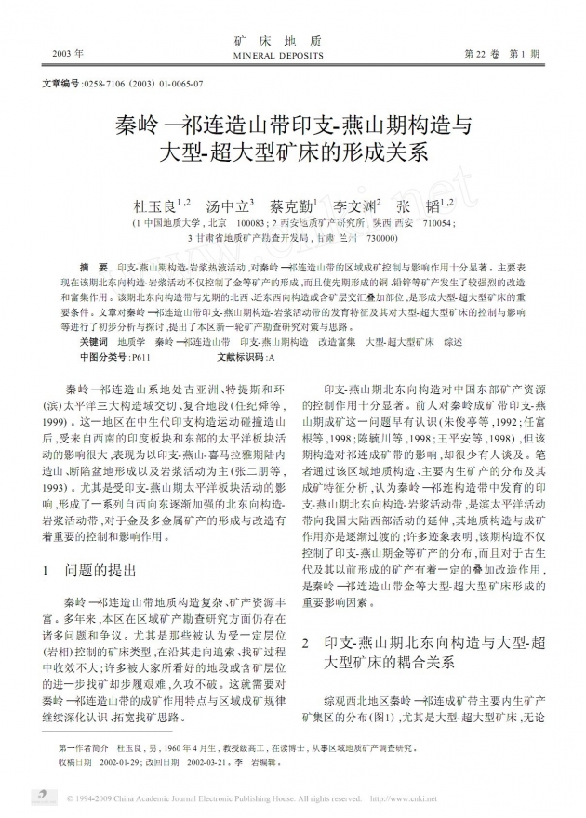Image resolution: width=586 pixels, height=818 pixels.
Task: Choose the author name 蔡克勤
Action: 291,205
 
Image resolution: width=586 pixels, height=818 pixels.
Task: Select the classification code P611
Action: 140,356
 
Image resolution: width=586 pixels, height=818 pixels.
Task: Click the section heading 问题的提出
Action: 107,569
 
